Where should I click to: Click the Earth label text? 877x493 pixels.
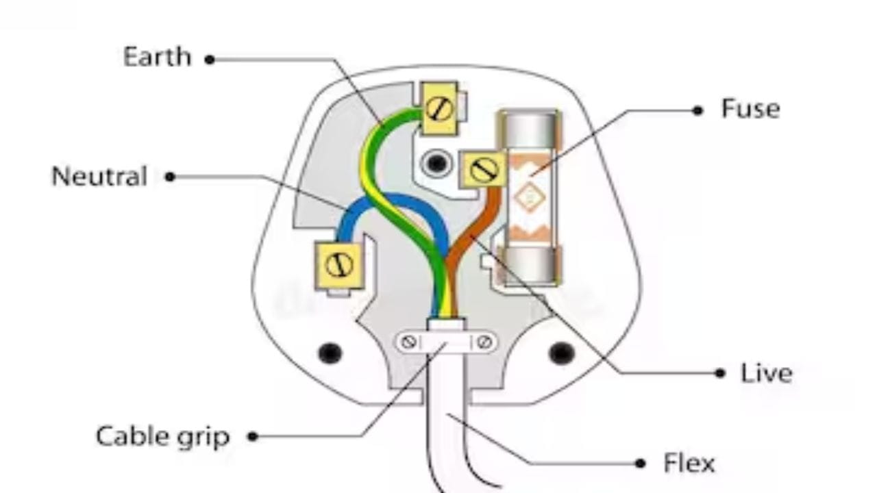coord(157,57)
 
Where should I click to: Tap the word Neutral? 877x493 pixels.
coord(100,176)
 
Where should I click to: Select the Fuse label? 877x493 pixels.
coord(750,109)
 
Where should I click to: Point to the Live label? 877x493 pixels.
coord(766,373)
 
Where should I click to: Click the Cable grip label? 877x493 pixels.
coord(162,437)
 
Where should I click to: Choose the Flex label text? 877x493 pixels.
coord(689,464)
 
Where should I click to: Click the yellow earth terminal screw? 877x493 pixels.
coord(439,108)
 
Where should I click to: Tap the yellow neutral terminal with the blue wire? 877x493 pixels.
coord(339,266)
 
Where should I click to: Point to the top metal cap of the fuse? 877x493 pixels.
coord(530,129)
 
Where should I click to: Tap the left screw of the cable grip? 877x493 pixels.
coord(408,342)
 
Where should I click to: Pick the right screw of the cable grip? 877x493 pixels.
coord(484,342)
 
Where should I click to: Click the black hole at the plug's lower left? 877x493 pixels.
coord(330,353)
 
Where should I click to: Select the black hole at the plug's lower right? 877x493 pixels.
coord(561,353)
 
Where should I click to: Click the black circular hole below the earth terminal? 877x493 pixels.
coord(436,163)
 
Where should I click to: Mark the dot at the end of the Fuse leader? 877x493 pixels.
coord(697,111)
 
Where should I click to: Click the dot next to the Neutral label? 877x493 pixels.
coord(169,177)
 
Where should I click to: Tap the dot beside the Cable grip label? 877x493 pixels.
coord(253,436)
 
